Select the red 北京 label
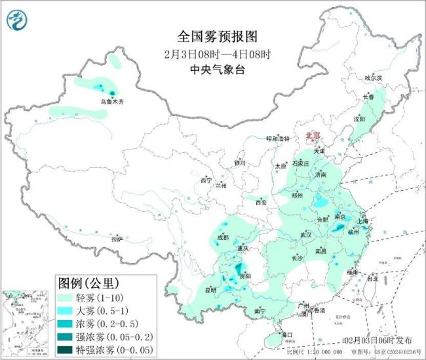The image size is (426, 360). pos(315,135)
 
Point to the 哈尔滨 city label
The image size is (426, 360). pos(373,77)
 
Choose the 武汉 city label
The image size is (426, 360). pos(305,234)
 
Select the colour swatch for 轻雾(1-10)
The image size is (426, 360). pos(67,298)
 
